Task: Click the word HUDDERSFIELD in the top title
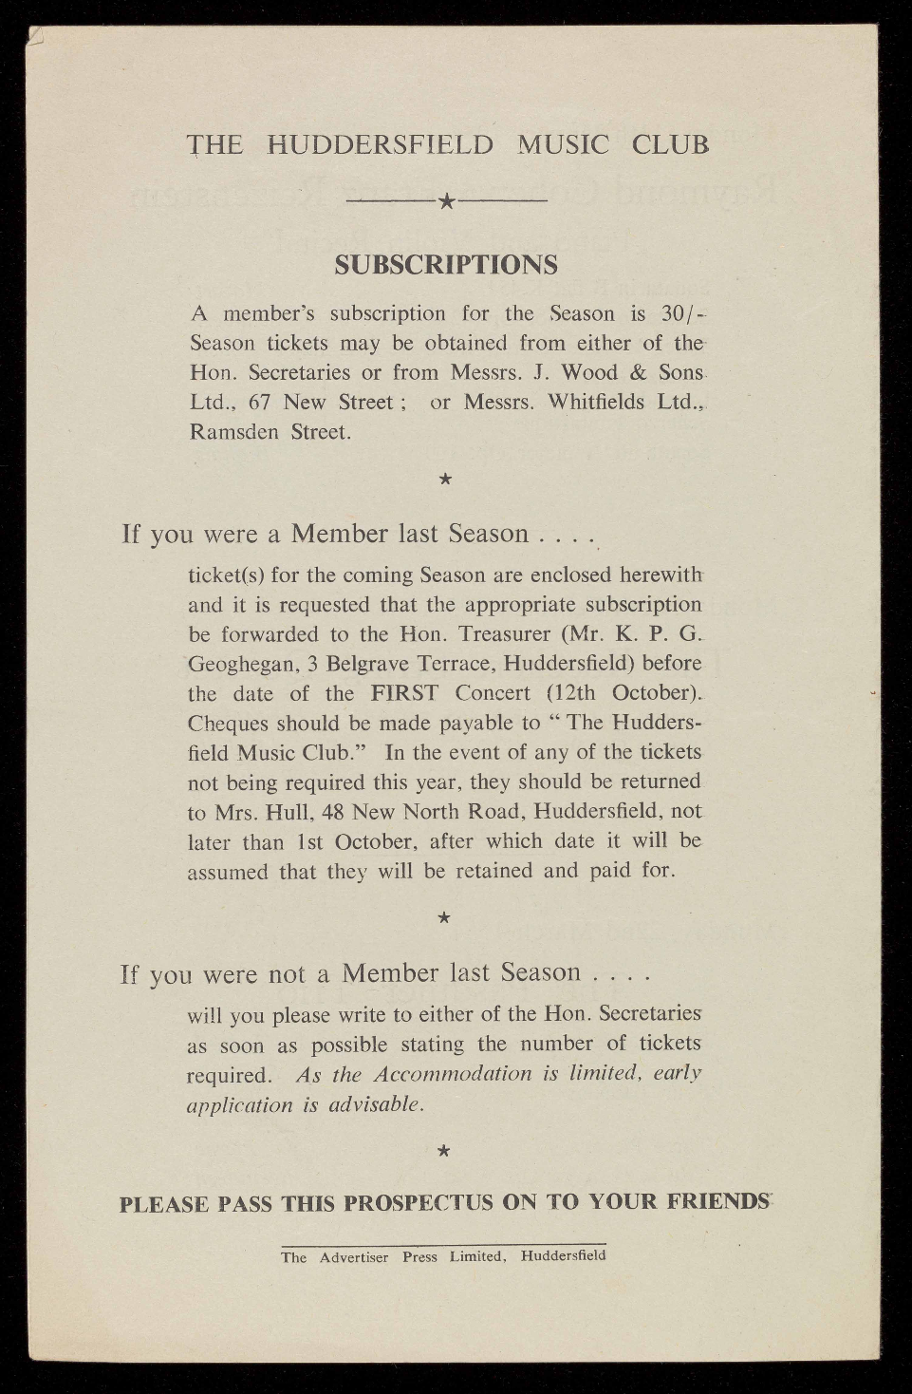(x=381, y=144)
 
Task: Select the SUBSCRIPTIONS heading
(x=446, y=265)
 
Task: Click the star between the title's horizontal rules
(x=447, y=201)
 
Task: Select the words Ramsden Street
(x=270, y=432)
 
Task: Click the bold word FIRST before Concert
(x=404, y=692)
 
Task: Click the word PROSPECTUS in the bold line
(x=419, y=1202)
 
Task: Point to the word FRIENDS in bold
(x=717, y=1201)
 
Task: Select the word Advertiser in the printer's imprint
(x=354, y=1256)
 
